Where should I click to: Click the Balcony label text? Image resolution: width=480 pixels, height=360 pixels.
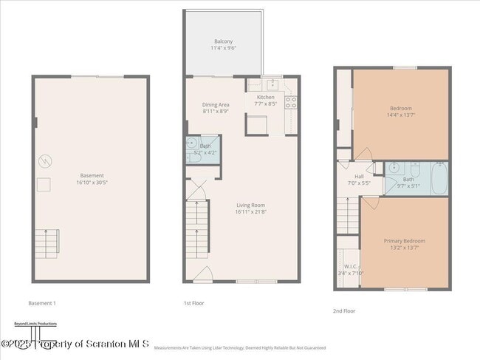[223, 41]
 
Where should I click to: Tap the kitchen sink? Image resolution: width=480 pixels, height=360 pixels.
[271, 84]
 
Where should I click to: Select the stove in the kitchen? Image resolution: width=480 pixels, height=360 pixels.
[290, 102]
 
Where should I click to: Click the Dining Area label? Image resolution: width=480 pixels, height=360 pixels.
[216, 104]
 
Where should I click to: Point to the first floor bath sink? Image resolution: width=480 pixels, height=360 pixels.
[191, 143]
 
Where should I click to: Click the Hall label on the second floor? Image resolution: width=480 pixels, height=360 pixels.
[359, 176]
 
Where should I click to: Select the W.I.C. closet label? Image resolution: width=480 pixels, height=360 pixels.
[347, 266]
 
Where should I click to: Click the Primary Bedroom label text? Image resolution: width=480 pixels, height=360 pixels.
[404, 241]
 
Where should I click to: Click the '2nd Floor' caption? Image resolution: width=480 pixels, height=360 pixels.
[343, 311]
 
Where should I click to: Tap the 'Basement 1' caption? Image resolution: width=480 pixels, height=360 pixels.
[42, 303]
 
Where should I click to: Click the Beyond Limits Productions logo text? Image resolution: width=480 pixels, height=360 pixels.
[35, 324]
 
